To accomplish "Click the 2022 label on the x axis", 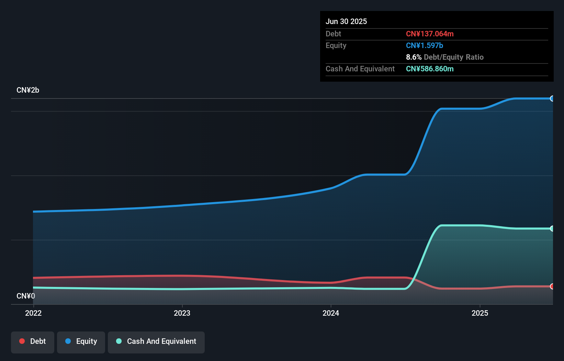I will point(33,313).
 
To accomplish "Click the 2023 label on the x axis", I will point(182,313).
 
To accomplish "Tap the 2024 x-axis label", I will point(331,313).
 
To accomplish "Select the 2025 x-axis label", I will point(480,313).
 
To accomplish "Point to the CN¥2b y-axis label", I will point(28,90).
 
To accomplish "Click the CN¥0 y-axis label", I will point(26,296).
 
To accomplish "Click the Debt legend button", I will point(33,341).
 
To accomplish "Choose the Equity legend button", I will point(81,341).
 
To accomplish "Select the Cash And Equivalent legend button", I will point(156,341).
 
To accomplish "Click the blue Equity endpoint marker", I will point(552,99).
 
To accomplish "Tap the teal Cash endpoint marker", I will point(552,229).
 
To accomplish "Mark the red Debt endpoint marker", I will point(552,286).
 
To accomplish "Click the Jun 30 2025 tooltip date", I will point(346,21).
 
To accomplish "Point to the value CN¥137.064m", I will point(430,34).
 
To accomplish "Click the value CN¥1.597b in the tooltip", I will point(425,45).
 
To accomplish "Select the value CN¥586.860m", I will point(430,69).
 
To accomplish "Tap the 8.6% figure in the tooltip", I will point(414,57).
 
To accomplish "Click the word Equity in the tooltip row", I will point(336,45).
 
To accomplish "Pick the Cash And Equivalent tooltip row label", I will point(360,69).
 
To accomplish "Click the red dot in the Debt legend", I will point(22,341).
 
